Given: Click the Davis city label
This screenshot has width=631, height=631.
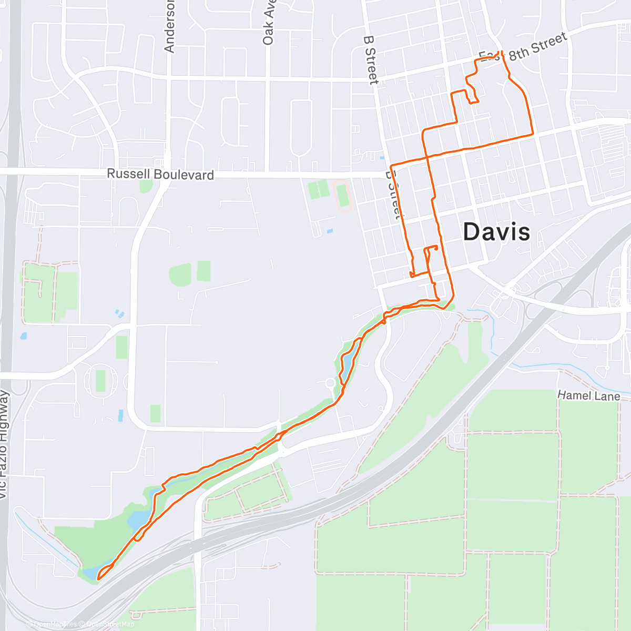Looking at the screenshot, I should [x=496, y=232].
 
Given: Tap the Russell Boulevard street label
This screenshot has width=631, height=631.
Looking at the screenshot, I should [x=160, y=174].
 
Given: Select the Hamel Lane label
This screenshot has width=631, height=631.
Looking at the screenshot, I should [x=588, y=395].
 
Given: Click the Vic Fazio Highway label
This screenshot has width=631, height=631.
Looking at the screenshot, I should [x=4, y=444].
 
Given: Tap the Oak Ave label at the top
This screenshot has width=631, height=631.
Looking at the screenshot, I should [x=268, y=24].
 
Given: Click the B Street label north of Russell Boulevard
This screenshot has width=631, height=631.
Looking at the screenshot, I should [x=371, y=59].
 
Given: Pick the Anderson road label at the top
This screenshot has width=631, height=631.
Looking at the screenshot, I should [x=169, y=32].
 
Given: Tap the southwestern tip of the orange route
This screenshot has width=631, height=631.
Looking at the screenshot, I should [x=98, y=579].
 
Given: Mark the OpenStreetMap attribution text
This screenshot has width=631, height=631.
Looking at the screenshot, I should [x=110, y=624].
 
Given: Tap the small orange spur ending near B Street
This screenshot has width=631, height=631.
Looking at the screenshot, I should [x=411, y=274].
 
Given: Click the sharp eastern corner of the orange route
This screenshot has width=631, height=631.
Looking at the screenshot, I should [x=533, y=134].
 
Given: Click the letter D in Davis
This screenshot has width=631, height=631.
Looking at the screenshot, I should [x=472, y=232].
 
